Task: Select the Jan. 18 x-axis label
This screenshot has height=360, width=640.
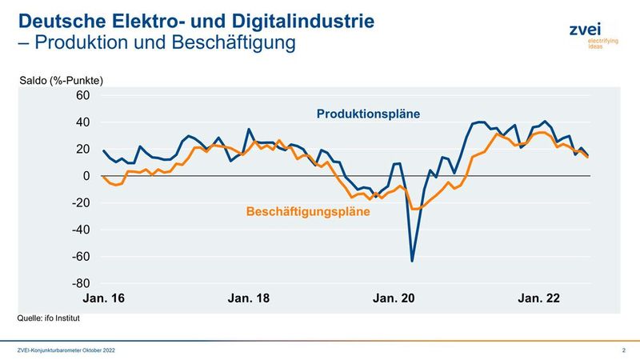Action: click(249, 298)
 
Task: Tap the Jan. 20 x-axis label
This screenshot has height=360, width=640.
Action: click(394, 298)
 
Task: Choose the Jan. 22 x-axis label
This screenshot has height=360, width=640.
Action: click(538, 298)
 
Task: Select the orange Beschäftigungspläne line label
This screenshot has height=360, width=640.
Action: click(308, 212)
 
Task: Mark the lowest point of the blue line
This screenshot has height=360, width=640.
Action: click(412, 261)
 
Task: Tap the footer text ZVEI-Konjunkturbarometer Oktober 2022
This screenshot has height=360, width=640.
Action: click(72, 350)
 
